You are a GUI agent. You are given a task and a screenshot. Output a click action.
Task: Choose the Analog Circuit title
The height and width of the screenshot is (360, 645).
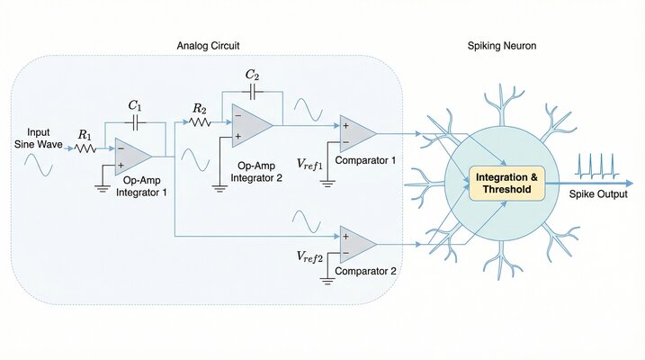[209, 45]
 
